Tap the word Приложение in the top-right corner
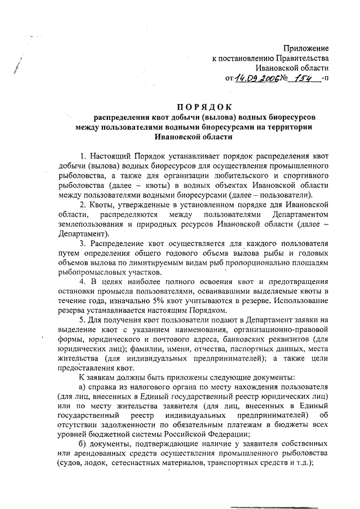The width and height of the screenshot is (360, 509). [305, 49]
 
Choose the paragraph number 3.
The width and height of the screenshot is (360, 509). [82, 243]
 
